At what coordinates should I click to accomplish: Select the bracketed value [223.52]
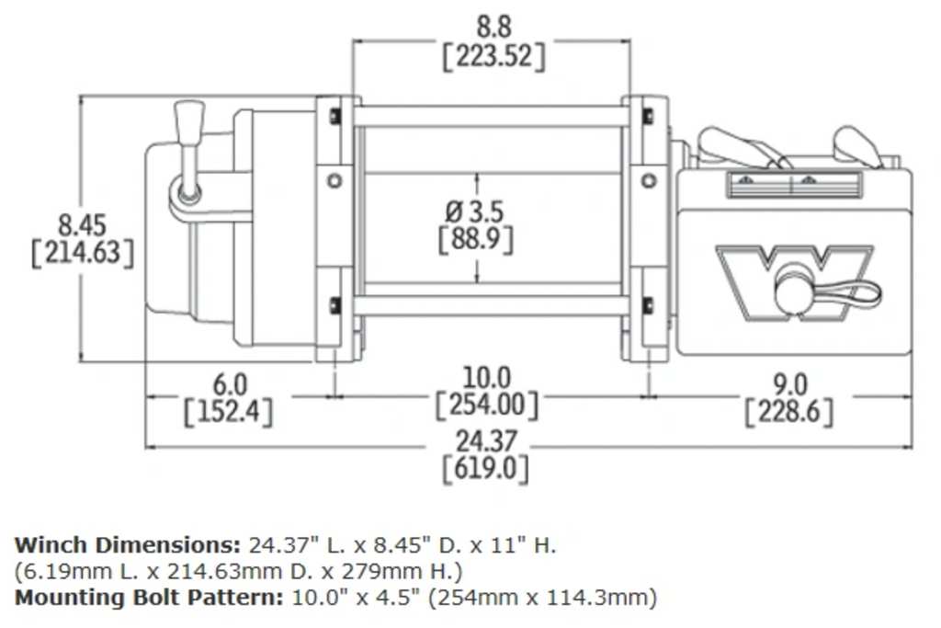[493, 56]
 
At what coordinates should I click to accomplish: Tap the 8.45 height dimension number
[82, 224]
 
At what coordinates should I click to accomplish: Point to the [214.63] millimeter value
[82, 253]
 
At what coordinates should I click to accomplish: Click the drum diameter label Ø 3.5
[474, 211]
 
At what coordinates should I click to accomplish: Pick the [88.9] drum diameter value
[475, 240]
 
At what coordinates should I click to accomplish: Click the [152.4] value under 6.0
[229, 411]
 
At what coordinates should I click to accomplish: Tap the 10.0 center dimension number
[486, 378]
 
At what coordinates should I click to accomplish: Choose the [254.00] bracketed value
[486, 405]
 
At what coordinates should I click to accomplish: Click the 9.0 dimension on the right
[789, 383]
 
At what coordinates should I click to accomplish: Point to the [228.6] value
[789, 411]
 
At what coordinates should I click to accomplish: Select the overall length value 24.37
[486, 442]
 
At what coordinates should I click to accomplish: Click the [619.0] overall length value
[486, 470]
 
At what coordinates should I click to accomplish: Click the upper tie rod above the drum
[491, 117]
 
